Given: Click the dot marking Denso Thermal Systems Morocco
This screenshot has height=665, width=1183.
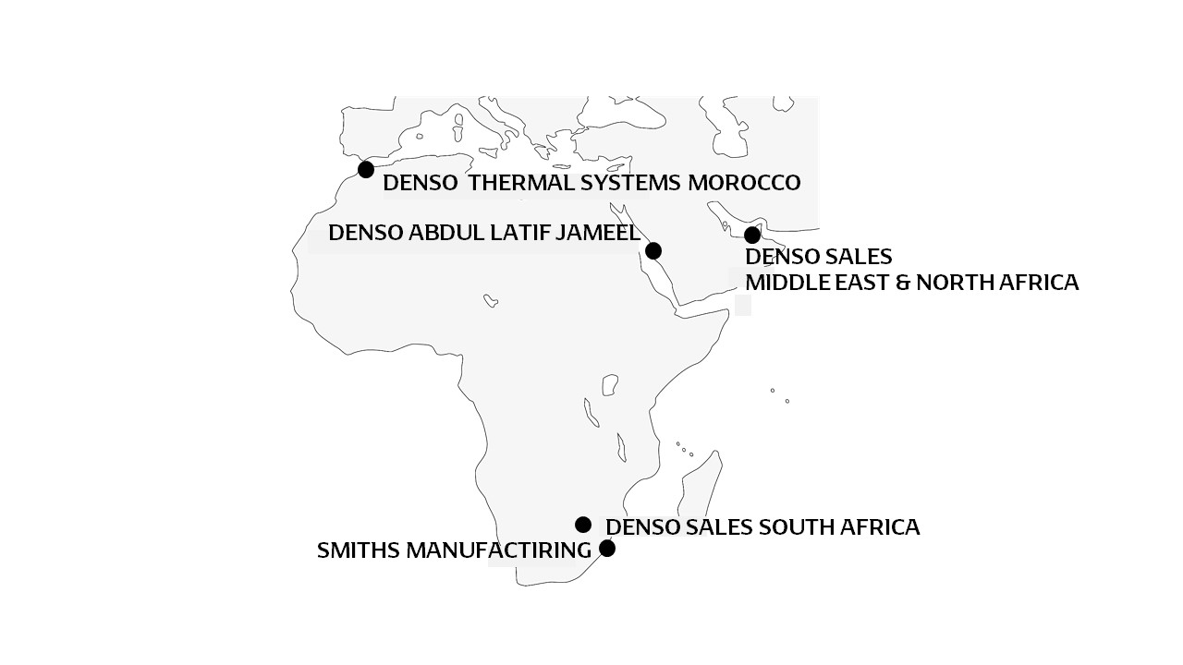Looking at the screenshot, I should pos(366,169).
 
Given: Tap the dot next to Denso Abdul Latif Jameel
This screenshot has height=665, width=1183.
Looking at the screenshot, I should pos(653,250).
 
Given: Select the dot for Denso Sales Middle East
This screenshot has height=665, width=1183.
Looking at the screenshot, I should pos(752,235).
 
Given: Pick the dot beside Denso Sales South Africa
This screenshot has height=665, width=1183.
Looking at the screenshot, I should pos(583,525).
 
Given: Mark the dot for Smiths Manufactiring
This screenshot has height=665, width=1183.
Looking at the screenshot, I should pos(607,549).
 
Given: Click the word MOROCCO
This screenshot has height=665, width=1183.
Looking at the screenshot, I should pos(744,183).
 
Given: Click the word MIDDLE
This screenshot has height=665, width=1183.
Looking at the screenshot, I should pos(781,283).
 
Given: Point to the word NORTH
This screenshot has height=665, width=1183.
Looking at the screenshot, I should pos(953,283).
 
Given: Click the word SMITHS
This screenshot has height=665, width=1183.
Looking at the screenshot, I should pos(346,551).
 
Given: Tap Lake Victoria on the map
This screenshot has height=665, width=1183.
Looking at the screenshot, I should pos(609,383).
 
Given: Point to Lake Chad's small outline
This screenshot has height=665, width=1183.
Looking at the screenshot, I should pos(491,300).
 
